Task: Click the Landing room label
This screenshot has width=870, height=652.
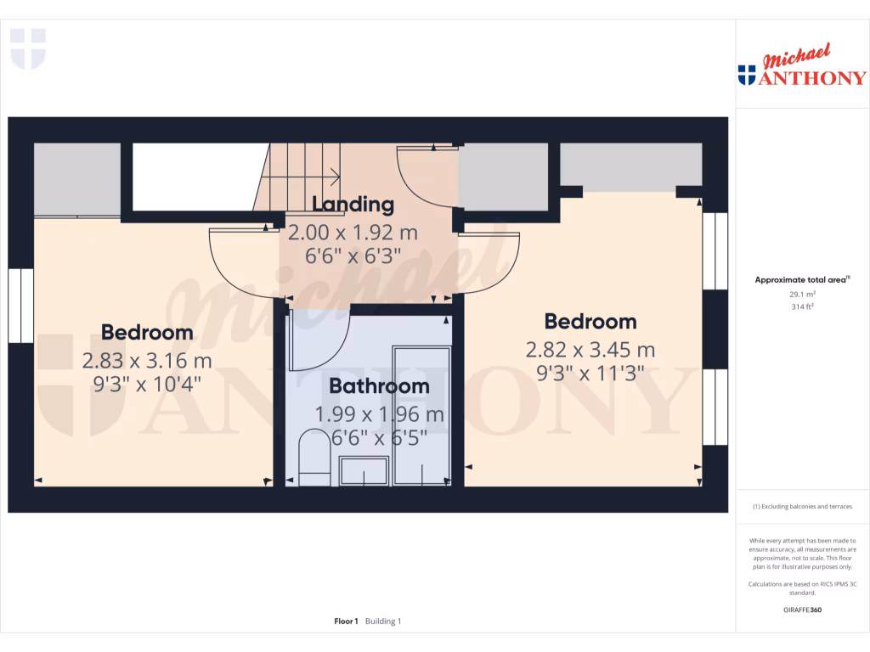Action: point(353,205)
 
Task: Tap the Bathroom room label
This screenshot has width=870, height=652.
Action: point(379,386)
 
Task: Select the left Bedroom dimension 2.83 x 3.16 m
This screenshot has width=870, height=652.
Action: point(147,361)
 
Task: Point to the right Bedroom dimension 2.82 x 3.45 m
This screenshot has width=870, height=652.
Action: point(590,350)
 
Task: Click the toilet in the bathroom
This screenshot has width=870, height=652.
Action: point(314,458)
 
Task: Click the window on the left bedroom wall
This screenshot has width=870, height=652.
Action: point(20,306)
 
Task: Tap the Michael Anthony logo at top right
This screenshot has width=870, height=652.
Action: point(802,68)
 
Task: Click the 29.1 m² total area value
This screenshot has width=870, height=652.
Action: point(802,294)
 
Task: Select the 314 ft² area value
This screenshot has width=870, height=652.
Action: point(802,306)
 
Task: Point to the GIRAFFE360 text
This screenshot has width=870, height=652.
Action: point(802,610)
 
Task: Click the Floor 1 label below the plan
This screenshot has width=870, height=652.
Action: point(346,621)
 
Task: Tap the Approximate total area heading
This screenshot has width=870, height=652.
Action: point(802,279)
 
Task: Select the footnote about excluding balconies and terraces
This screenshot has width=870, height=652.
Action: point(802,507)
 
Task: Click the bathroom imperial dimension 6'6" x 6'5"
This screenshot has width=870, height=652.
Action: point(379,439)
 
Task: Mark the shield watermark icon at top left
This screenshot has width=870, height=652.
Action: point(27,48)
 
